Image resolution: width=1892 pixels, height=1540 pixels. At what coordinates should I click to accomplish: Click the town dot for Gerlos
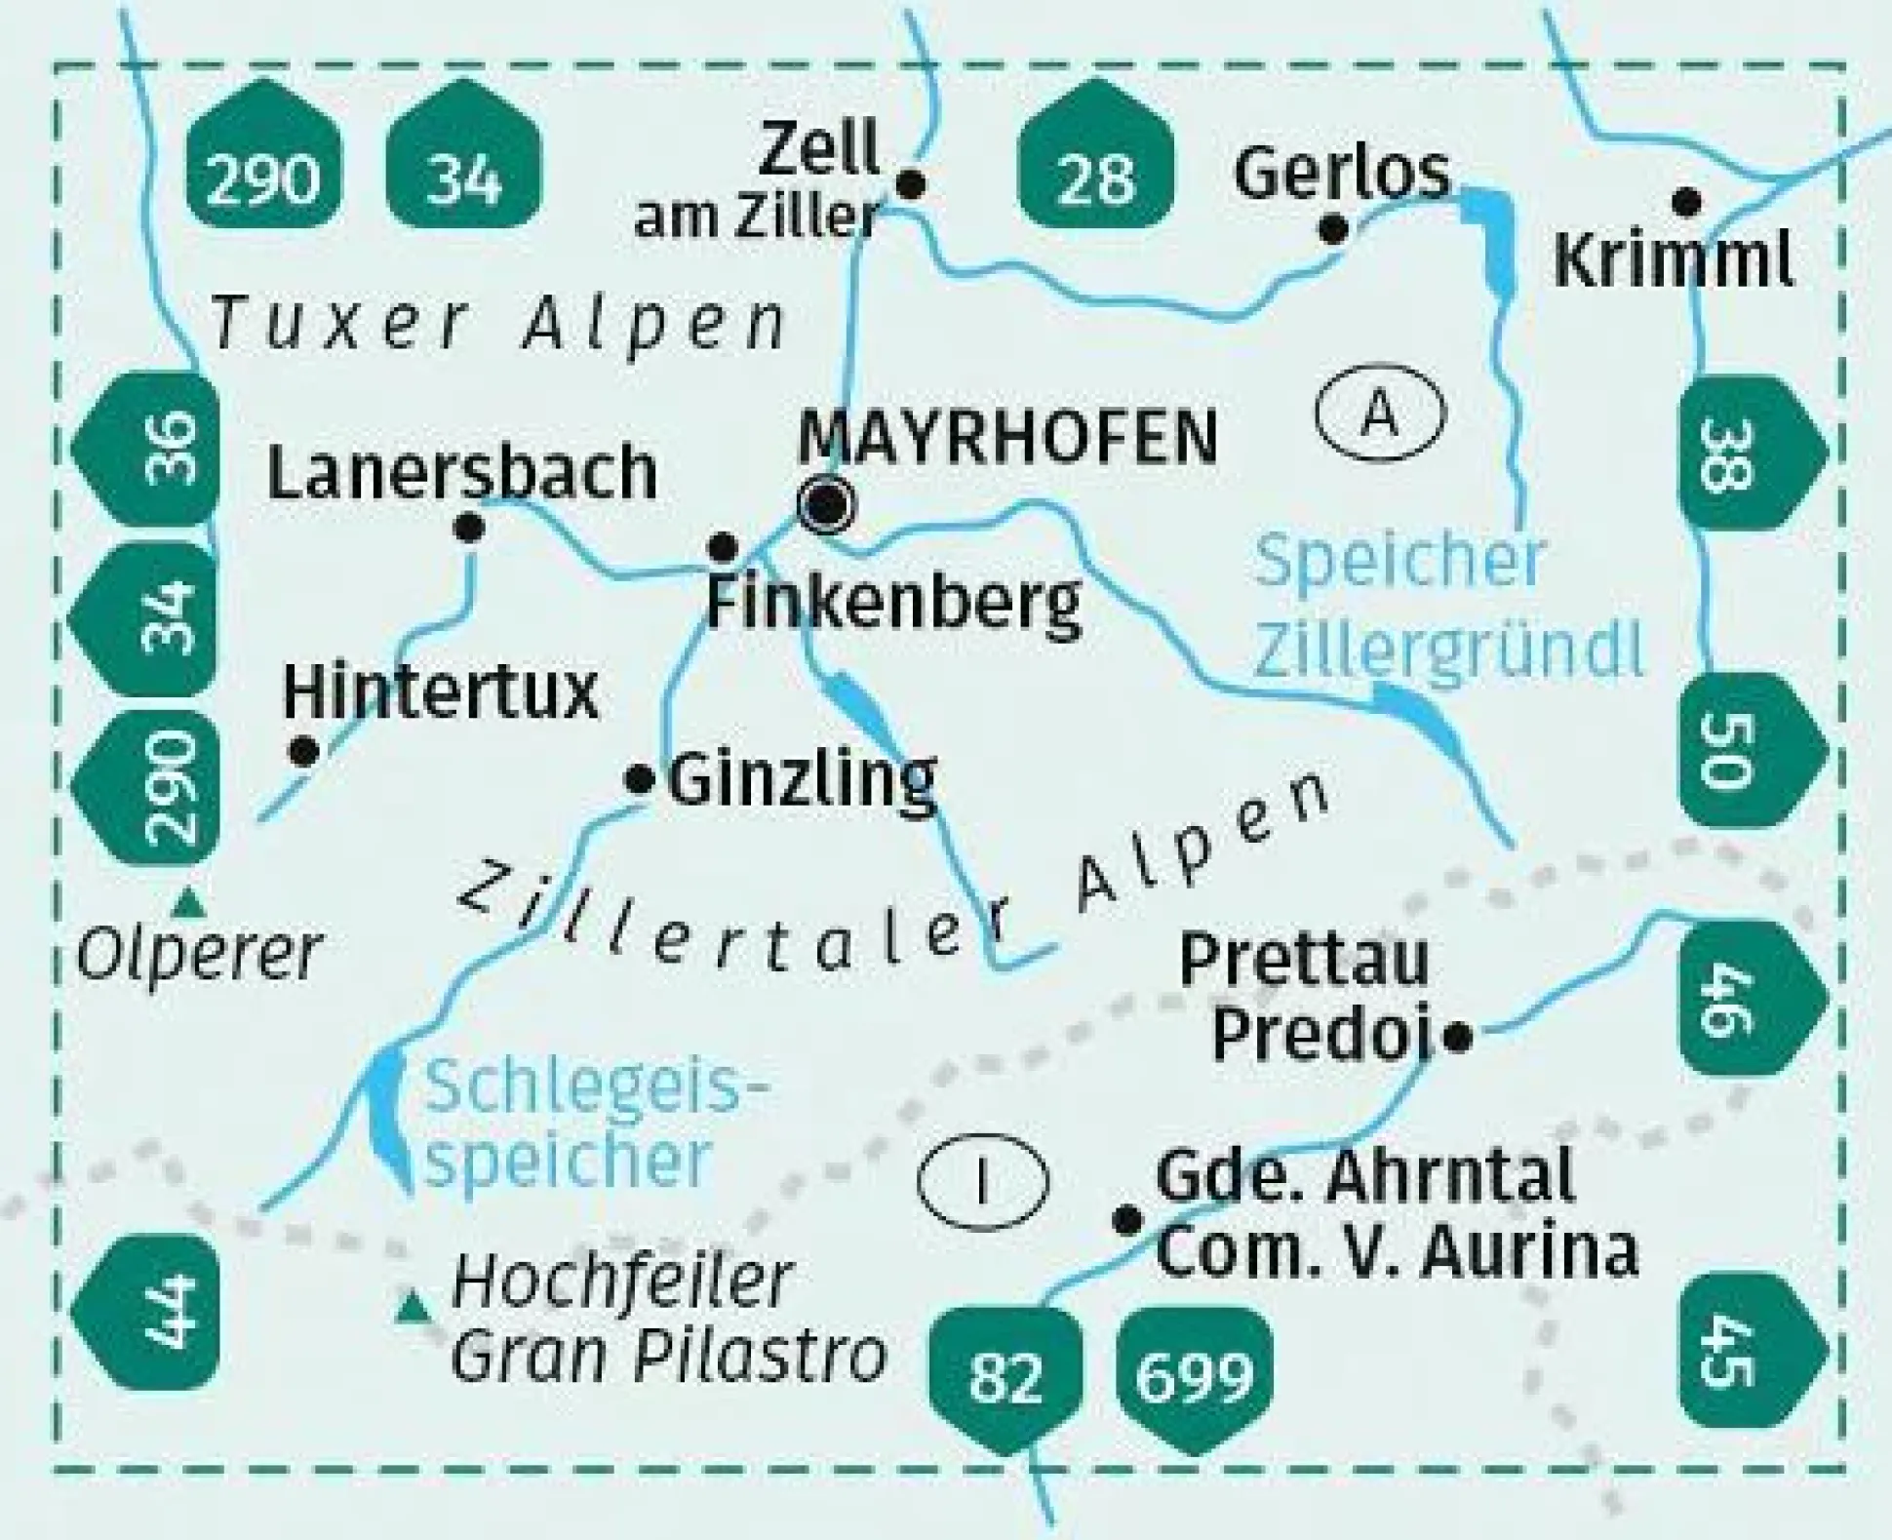1333,230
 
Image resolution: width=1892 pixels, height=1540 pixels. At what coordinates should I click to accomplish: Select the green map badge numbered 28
1095,156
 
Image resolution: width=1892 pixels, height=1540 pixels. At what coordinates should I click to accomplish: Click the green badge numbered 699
1195,1376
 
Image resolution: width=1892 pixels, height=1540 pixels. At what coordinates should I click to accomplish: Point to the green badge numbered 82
1005,1376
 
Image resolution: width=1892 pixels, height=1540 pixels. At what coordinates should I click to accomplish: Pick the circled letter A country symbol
1380,414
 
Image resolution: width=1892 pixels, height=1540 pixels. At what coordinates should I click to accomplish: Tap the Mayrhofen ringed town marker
826,505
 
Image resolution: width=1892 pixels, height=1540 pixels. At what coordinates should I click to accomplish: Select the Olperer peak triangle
188,905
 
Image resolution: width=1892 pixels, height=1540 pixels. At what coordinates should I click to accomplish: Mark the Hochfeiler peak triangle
413,1307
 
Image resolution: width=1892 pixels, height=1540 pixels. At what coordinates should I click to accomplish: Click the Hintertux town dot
304,751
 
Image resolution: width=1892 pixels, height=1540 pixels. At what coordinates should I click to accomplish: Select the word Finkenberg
893,603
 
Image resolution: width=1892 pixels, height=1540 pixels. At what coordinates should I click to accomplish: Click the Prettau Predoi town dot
1457,1037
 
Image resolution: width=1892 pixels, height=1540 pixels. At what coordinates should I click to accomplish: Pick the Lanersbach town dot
469,529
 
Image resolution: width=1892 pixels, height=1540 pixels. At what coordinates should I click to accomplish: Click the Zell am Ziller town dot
911,183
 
